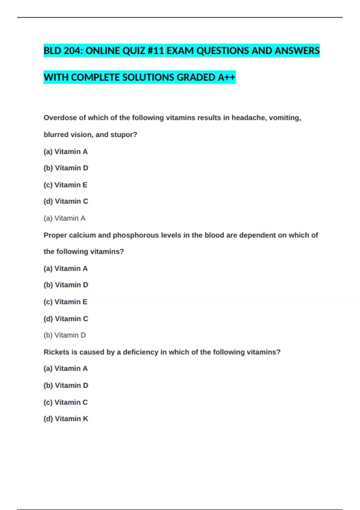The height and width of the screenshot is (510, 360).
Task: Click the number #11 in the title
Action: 156,51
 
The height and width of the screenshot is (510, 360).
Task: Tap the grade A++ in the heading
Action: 226,77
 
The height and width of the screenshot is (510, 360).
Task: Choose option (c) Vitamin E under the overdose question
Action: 65,185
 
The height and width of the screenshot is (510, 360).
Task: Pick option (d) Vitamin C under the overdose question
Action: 66,201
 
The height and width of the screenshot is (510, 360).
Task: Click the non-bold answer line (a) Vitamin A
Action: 64,218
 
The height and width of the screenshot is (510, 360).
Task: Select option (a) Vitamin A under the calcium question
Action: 66,268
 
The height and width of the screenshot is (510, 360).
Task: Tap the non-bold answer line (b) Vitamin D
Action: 64,335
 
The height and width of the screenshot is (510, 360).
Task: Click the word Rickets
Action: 56,352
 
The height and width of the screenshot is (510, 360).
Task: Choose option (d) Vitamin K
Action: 66,418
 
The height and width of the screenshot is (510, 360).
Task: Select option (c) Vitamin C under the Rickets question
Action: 66,402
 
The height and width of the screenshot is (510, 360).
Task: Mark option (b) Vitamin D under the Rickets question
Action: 66,385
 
